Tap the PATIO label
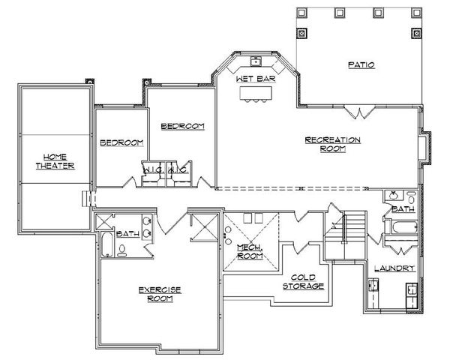[x=361, y=65]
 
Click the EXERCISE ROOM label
[x=160, y=293]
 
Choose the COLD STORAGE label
[x=303, y=282]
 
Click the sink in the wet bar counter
[x=255, y=60]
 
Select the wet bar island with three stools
[x=255, y=93]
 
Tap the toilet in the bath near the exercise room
[x=121, y=250]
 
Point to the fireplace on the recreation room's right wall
[x=426, y=148]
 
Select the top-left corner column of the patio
[x=302, y=13]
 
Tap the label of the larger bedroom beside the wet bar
[x=182, y=126]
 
